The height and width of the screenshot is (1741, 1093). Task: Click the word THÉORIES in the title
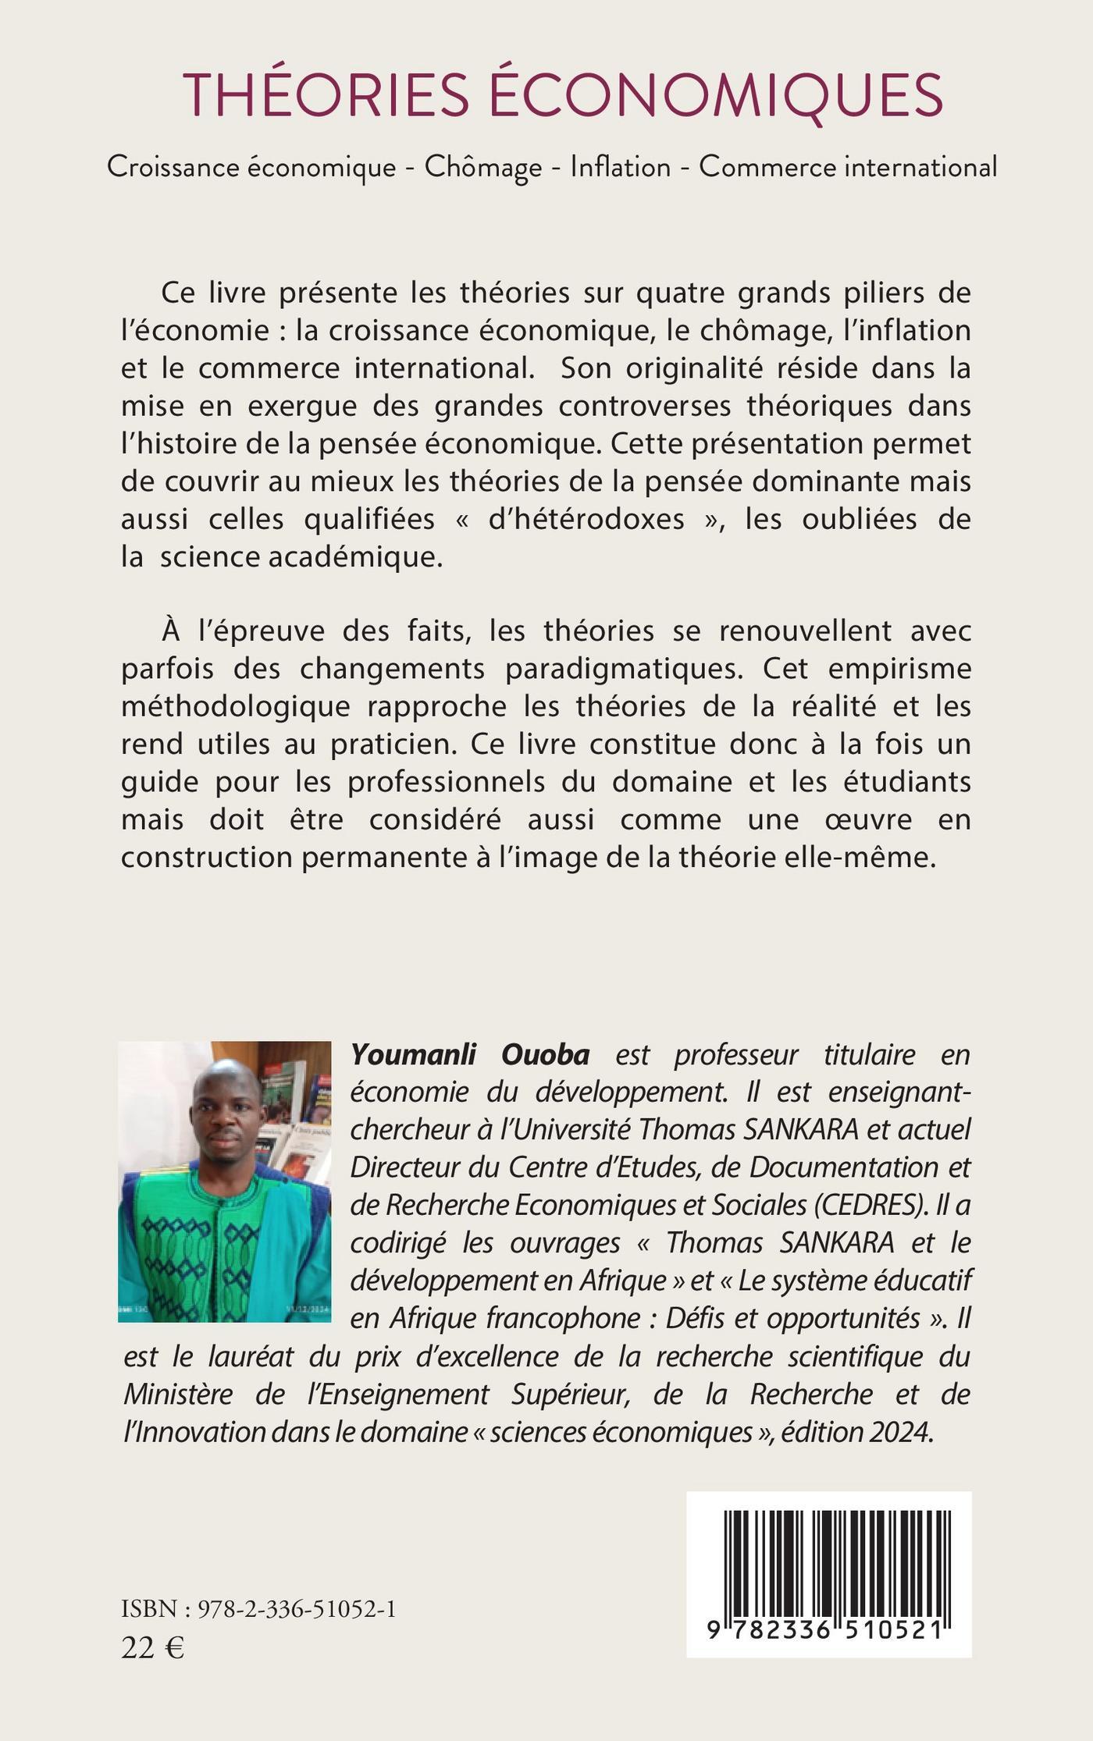tap(325, 95)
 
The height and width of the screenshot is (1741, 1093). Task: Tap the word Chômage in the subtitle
tap(482, 167)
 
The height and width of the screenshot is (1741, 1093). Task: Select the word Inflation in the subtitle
tap(621, 167)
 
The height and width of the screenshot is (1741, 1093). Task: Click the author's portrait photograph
tap(225, 1181)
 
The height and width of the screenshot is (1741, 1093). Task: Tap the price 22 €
tap(153, 1648)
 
